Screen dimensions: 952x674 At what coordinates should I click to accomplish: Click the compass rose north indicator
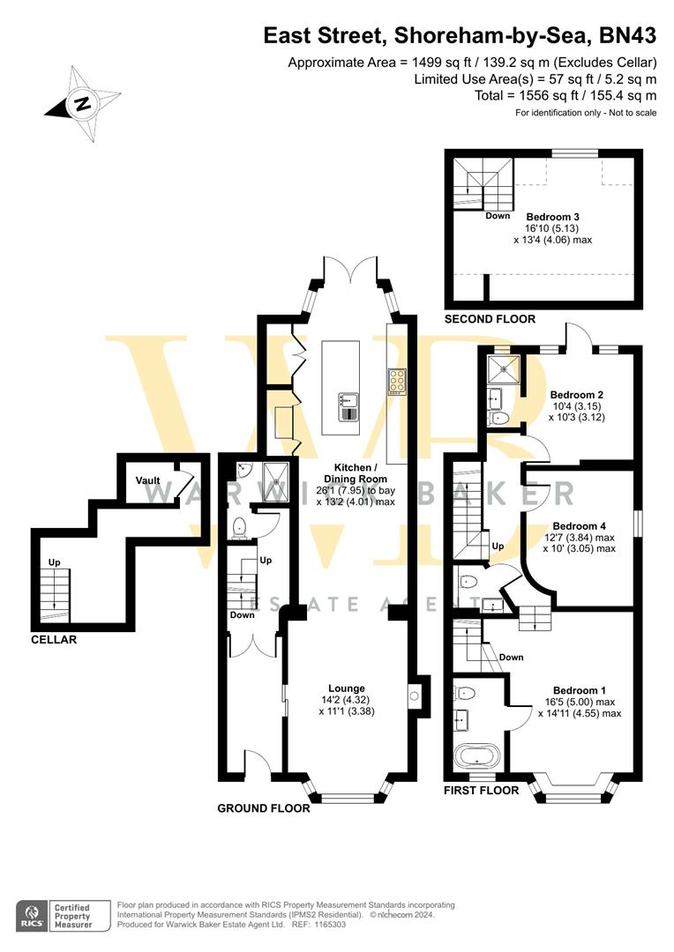pos(82,104)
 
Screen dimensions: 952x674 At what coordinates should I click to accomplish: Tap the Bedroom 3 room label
pos(552,216)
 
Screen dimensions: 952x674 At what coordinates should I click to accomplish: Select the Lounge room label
pos(347,688)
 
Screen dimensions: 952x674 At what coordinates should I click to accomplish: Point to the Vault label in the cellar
pos(147,480)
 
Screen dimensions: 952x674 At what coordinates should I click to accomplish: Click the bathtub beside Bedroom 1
pos(476,756)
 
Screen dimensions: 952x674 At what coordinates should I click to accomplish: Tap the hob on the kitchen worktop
pos(397,380)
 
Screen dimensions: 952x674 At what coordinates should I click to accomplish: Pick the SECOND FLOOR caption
pos(490,319)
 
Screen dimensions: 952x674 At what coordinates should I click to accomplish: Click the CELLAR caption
pos(54,639)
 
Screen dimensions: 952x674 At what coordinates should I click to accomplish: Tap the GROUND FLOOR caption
pos(264,807)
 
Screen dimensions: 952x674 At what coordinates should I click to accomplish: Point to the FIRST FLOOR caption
pos(481,791)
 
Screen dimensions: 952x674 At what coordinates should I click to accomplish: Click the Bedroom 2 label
pos(576,394)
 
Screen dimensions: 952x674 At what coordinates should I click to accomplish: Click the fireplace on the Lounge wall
pos(414,698)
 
